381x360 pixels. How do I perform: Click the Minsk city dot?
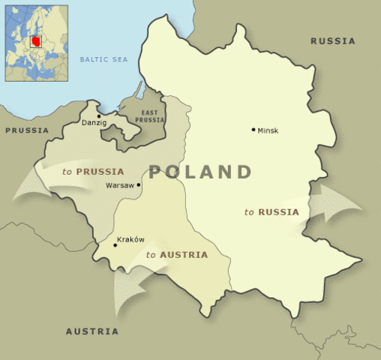(x=253, y=130)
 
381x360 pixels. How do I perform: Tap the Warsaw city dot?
(x=138, y=184)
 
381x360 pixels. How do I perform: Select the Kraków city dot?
(x=114, y=244)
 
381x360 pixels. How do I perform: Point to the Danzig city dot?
(x=99, y=116)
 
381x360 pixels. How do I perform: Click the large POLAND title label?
(x=199, y=172)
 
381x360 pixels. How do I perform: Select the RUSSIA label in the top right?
(x=333, y=41)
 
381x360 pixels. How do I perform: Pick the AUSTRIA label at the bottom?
(x=91, y=331)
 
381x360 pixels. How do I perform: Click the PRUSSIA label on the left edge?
(x=27, y=130)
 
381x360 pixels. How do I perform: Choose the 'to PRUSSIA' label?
(x=93, y=172)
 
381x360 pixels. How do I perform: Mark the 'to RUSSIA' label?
(x=271, y=212)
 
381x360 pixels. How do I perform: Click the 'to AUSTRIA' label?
(x=177, y=255)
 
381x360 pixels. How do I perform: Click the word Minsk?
(x=268, y=130)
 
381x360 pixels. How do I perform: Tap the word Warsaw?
(x=119, y=184)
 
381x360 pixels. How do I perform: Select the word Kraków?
(x=131, y=240)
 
